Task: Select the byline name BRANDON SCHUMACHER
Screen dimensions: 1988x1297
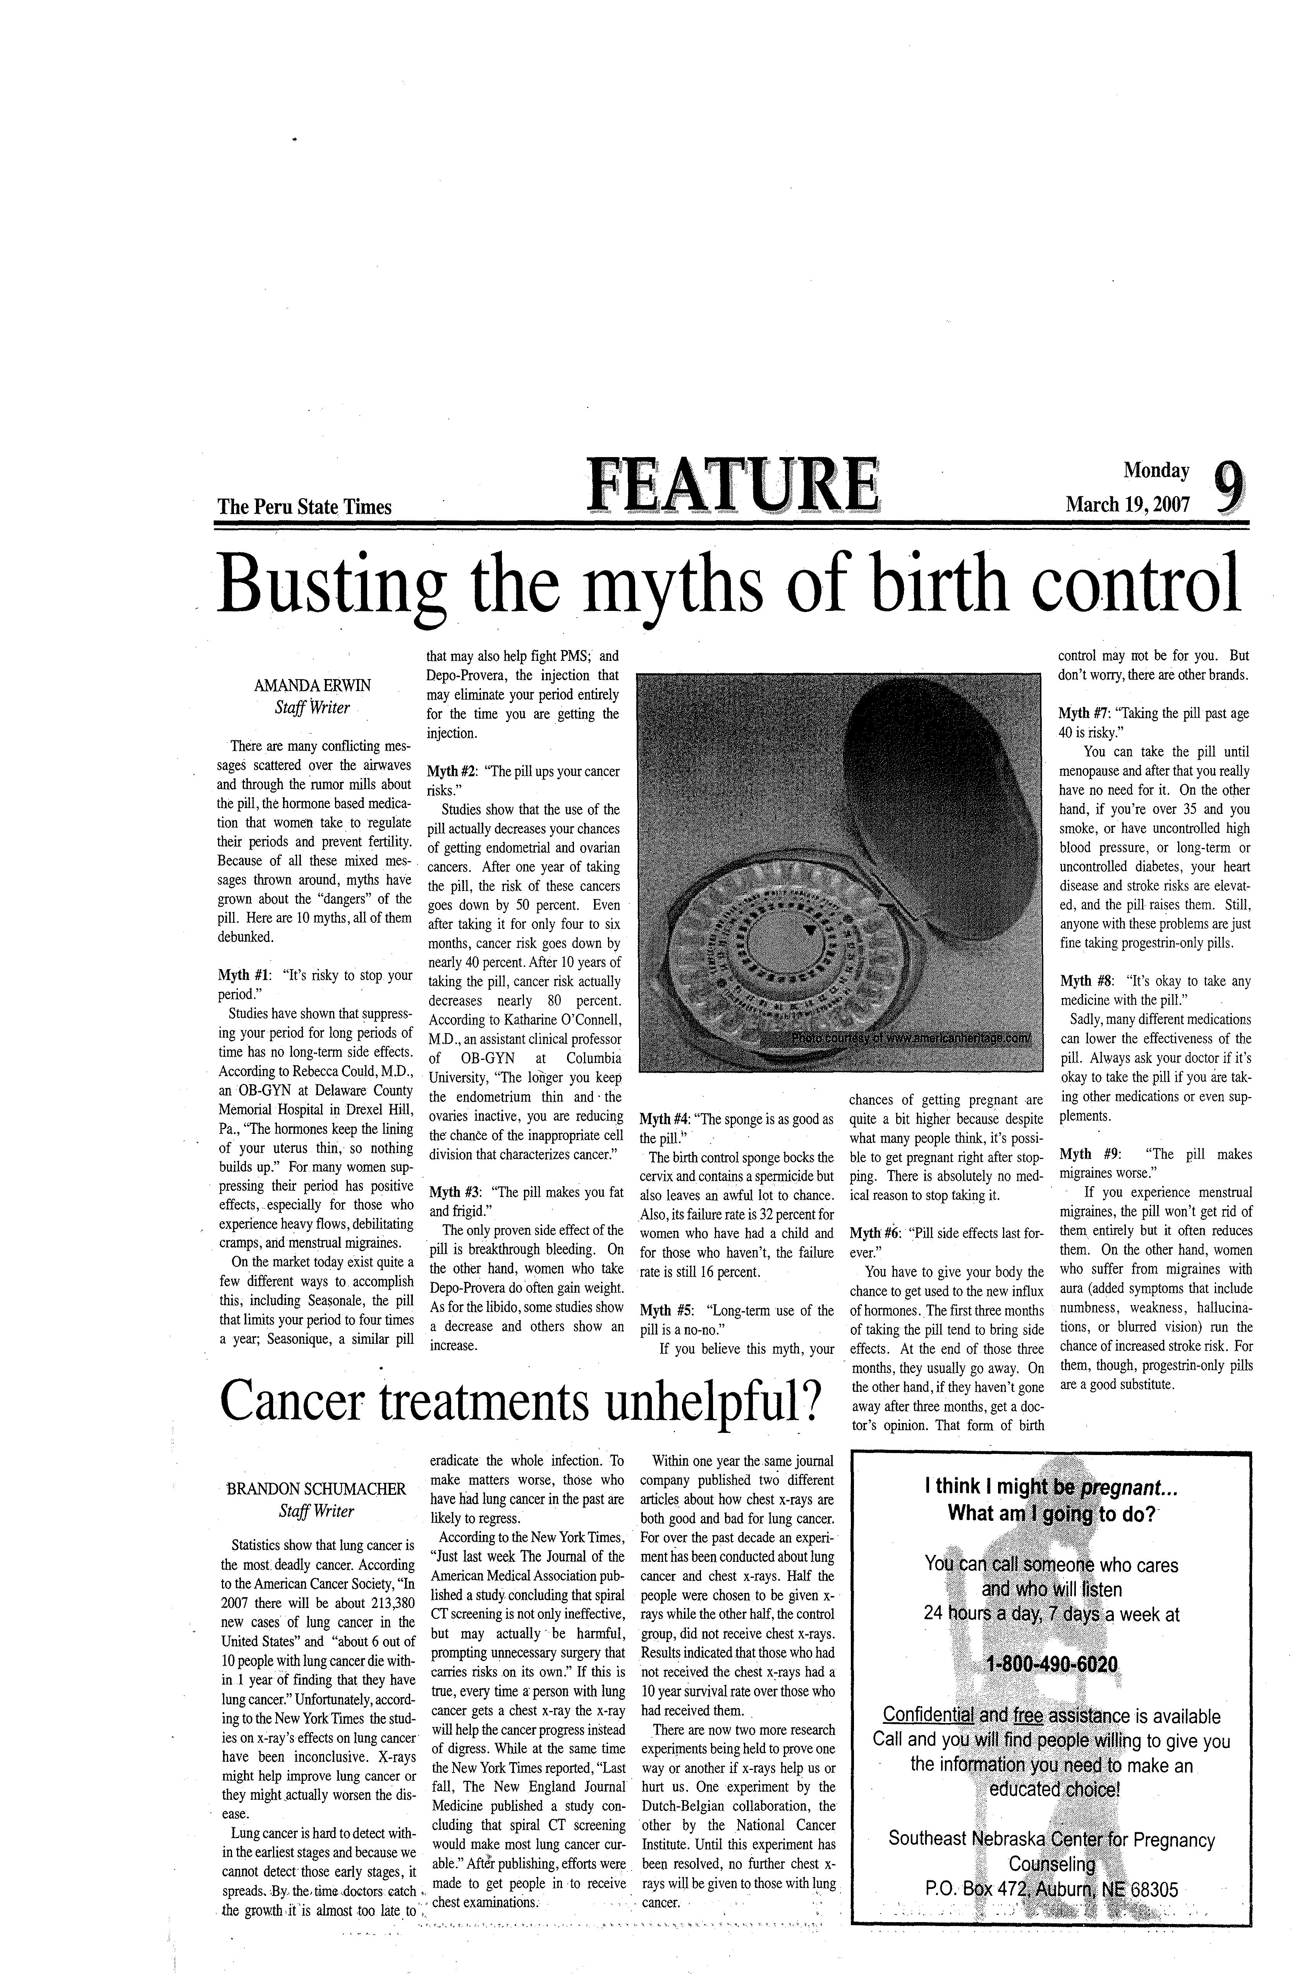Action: coord(316,1489)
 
